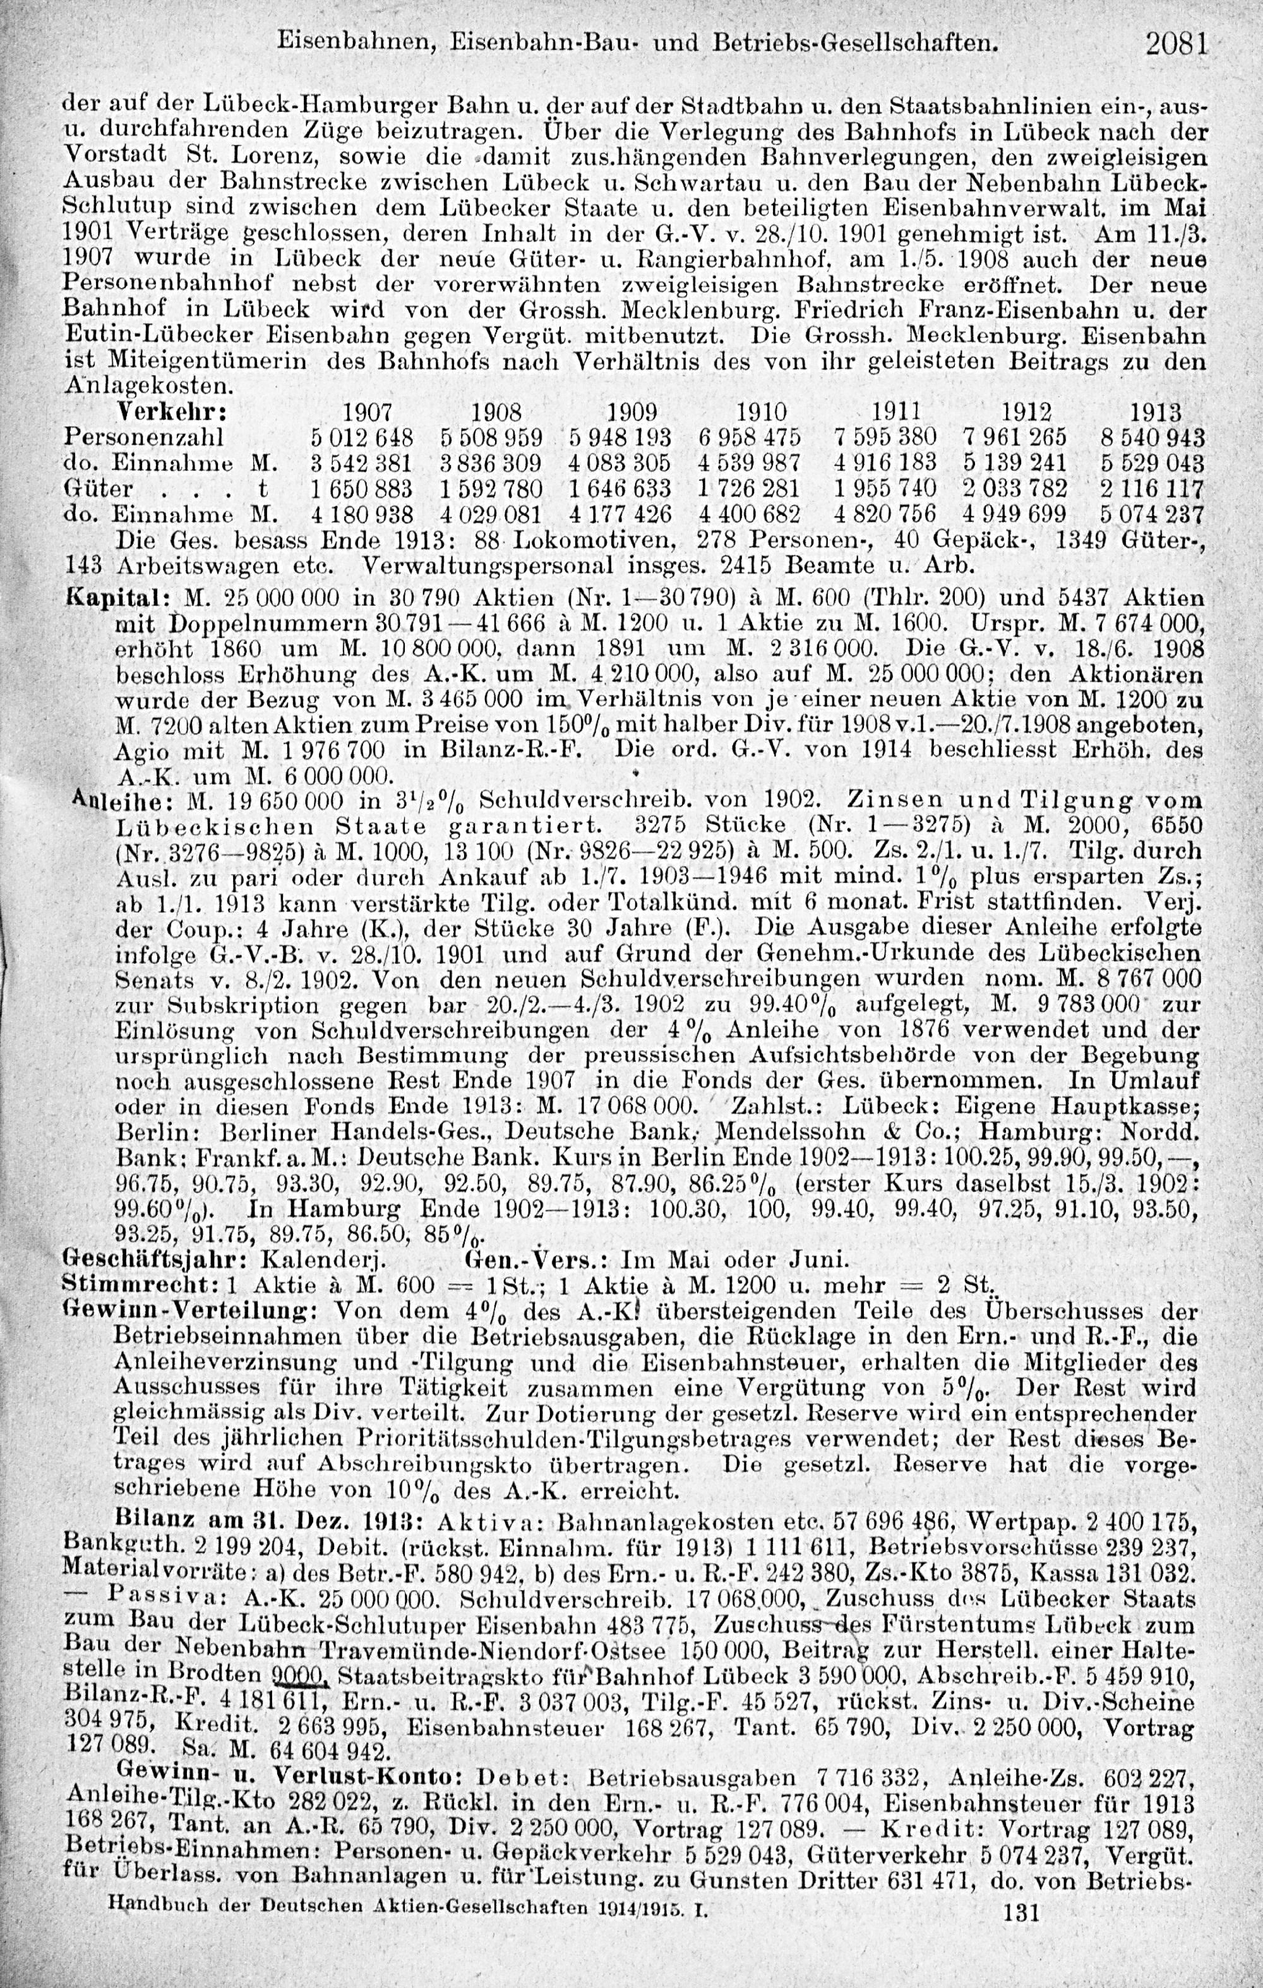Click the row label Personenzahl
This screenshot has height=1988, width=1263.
(132, 437)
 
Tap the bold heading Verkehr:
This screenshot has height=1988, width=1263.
(172, 411)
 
